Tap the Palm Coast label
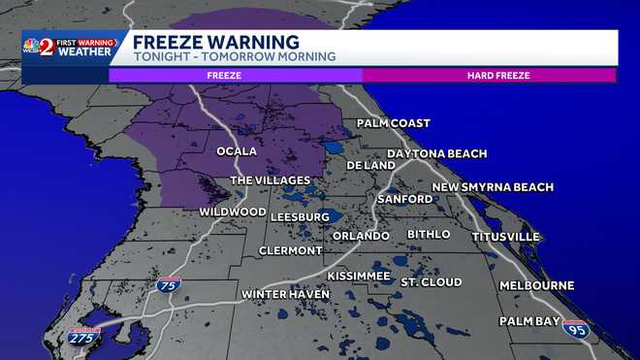click(393, 123)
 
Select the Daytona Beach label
click(436, 154)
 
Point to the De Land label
click(371, 165)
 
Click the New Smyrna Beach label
click(493, 187)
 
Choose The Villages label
click(270, 180)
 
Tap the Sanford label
click(405, 199)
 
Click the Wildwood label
click(233, 212)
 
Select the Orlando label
click(361, 236)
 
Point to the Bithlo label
click(429, 235)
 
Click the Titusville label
click(505, 237)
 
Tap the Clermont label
click(291, 250)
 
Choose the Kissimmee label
click(359, 277)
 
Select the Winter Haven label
click(280, 294)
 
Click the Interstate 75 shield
click(168, 284)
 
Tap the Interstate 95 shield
click(575, 329)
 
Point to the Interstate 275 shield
click(83, 336)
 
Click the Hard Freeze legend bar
click(489, 74)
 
